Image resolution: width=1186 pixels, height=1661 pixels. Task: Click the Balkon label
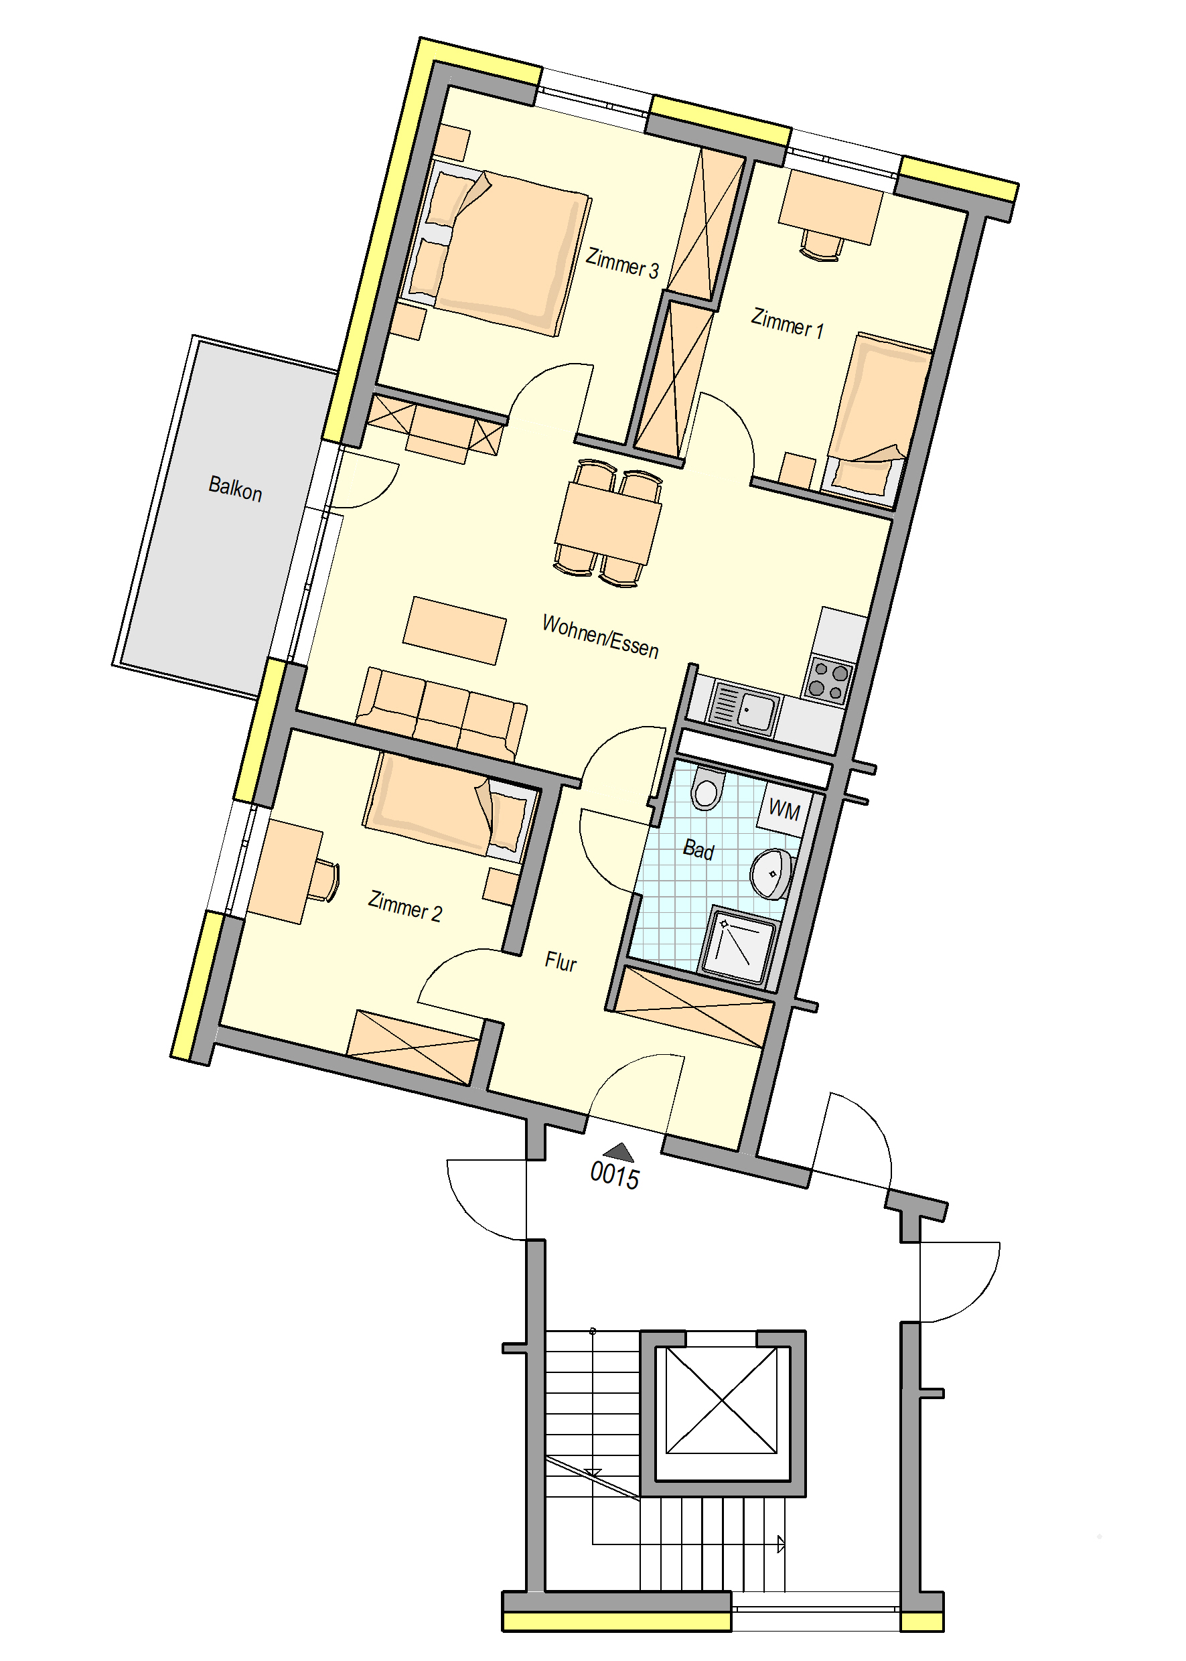235,488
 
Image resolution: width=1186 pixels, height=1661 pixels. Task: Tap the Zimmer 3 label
622,264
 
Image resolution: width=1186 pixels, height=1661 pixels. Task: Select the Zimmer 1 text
788,323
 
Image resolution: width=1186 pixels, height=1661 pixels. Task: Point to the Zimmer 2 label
404,906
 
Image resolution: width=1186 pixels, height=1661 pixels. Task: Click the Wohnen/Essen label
600,637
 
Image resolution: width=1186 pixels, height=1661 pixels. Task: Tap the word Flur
561,961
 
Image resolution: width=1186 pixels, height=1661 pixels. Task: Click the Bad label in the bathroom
698,849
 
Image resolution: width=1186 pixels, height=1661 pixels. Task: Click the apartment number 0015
614,1176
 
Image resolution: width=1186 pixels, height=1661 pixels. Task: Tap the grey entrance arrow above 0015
619,1152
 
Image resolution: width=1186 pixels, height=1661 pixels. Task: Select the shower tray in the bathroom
737,946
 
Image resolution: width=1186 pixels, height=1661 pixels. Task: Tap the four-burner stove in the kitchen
828,680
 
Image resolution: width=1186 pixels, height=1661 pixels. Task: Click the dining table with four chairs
608,523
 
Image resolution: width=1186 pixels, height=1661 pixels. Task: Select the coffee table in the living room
454,630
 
